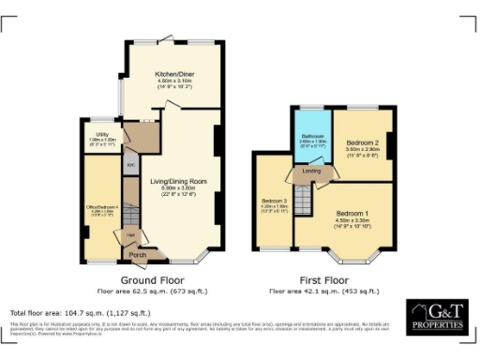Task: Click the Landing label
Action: pyautogui.click(x=312, y=171)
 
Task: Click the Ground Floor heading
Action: pyautogui.click(x=152, y=279)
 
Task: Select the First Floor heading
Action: pyautogui.click(x=322, y=279)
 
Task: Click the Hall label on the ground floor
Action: pyautogui.click(x=132, y=233)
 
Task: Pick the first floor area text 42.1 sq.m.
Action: pyautogui.click(x=322, y=291)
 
